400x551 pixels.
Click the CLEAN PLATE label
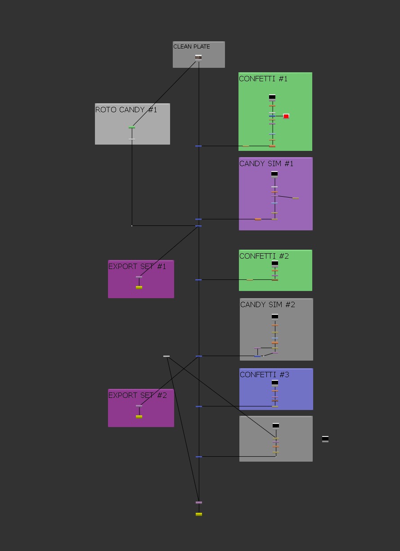[192, 47]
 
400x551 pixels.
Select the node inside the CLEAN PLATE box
[198, 57]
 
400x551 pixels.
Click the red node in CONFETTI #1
[286, 116]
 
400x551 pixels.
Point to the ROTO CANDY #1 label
[126, 110]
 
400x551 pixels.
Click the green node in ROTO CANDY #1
[132, 128]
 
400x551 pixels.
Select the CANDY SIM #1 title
[266, 163]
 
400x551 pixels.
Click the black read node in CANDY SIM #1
[274, 174]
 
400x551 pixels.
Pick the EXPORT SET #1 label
[137, 266]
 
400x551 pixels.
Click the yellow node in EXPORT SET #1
[139, 287]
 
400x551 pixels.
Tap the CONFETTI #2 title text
[264, 256]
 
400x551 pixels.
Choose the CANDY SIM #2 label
[268, 304]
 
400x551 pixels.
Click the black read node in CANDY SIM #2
[275, 317]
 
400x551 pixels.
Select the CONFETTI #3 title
[265, 375]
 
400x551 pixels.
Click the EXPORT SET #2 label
[138, 395]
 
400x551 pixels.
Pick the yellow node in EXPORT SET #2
[139, 417]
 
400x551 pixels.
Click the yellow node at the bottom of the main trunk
[199, 514]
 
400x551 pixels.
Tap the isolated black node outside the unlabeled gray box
[325, 439]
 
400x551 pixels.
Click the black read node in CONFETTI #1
[272, 97]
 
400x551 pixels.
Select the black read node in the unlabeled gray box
[276, 426]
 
